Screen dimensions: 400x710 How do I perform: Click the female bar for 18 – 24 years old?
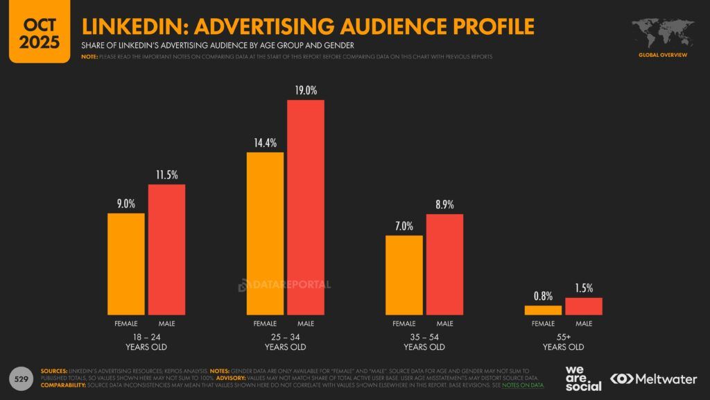126,263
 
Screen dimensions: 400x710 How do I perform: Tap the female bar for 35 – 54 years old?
404,274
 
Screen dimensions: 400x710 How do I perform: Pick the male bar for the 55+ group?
584,306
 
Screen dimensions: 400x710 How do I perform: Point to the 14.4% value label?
265,143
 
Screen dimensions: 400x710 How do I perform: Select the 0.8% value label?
543,297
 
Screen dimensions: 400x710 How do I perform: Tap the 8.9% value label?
444,205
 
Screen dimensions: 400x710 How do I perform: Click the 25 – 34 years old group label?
285,342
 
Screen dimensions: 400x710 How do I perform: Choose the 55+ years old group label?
563,342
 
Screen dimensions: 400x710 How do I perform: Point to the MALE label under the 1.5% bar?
584,324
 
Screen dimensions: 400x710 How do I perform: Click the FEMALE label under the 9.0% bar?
126,324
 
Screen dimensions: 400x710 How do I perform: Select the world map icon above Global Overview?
662,33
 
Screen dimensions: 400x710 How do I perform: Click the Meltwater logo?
653,378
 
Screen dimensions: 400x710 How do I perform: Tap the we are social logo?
582,378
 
